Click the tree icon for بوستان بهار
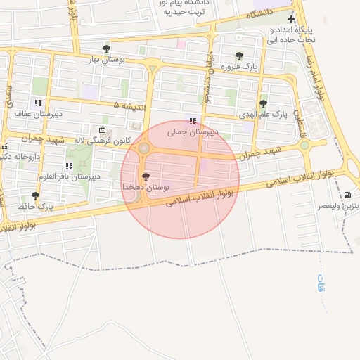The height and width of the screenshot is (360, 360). [x=106, y=49]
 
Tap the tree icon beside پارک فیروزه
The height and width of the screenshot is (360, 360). [x=240, y=56]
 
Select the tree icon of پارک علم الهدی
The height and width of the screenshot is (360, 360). [x=263, y=103]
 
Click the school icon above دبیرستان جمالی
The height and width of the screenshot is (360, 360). [x=193, y=121]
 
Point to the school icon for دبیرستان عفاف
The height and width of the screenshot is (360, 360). [x=38, y=103]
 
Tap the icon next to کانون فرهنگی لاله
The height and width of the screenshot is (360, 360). [x=103, y=130]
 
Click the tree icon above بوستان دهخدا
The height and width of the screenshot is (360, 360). [x=146, y=176]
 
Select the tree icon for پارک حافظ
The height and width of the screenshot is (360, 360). [x=35, y=195]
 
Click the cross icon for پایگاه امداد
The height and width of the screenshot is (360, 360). [x=291, y=19]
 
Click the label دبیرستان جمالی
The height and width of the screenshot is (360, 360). [x=193, y=131]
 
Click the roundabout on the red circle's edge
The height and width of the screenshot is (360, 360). [x=144, y=148]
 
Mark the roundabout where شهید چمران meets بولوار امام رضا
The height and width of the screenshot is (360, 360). [x=304, y=146]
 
